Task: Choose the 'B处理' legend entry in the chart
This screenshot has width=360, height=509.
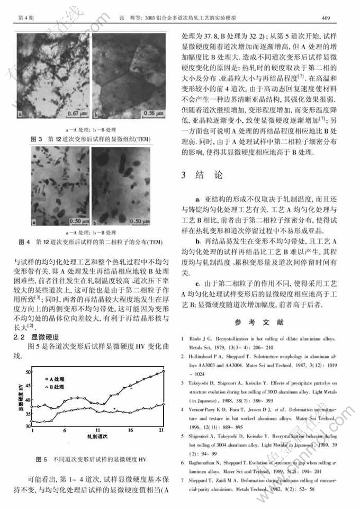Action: click(56, 387)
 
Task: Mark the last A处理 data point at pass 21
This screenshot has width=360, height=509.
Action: click(164, 371)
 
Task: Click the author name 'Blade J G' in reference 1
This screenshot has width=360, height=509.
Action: click(201, 338)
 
